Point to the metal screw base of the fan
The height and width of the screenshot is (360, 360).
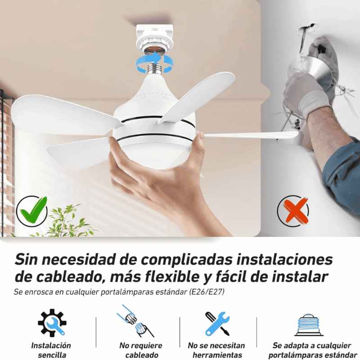tap(154, 68)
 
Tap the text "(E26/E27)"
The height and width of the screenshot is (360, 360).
tap(207, 292)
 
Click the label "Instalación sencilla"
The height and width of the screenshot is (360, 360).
tap(51, 350)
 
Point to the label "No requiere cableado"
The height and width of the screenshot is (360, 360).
tap(141, 350)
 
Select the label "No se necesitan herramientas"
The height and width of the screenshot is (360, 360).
tap(216, 350)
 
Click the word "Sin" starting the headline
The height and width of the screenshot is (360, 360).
tap(26, 260)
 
